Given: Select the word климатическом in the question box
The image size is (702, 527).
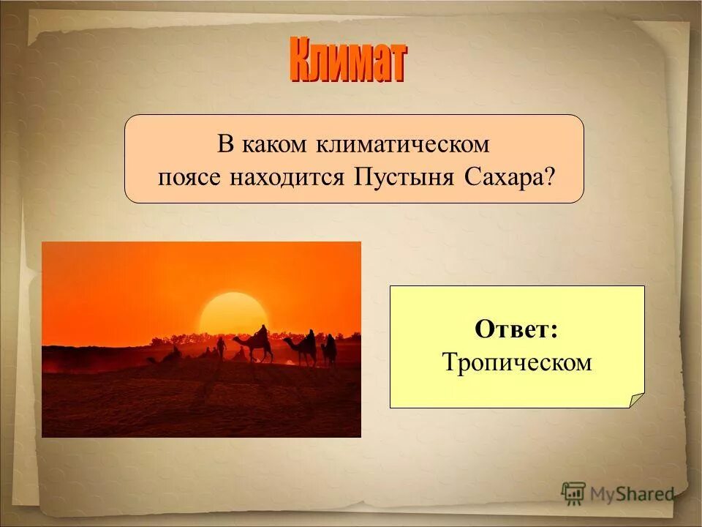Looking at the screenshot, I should tap(403, 143).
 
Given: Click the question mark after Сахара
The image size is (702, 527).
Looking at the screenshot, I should tap(548, 177).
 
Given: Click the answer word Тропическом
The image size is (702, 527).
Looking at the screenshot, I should tap(516, 362).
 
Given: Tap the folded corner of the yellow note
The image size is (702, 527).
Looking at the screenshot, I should tap(637, 400).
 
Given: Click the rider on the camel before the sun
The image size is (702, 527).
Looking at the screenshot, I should tap(261, 334).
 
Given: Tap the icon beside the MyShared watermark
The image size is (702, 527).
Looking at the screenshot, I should tap(573, 493).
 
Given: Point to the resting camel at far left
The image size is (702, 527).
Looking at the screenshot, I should tap(171, 356).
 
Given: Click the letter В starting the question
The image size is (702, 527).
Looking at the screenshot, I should tap(224, 143).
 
